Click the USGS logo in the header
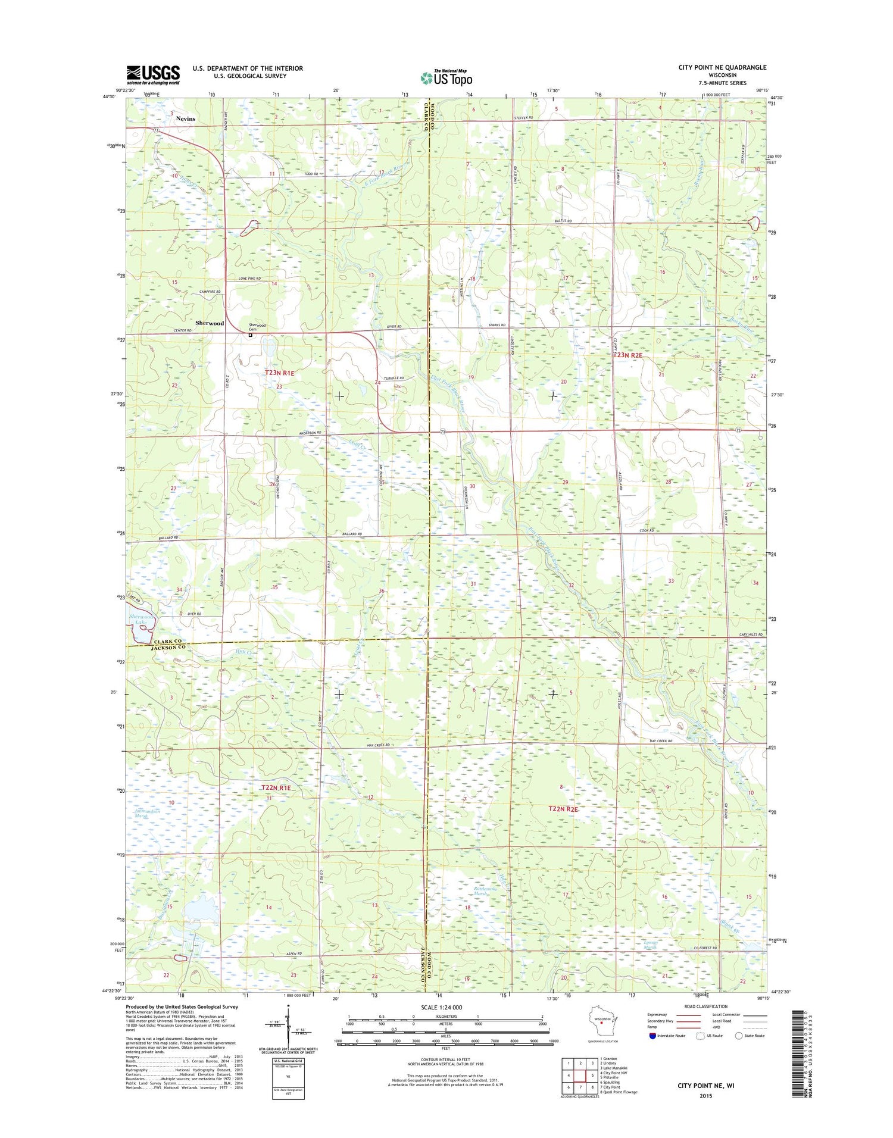coord(152,74)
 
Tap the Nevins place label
coord(185,118)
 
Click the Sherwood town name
coord(210,323)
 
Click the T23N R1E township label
coord(279,373)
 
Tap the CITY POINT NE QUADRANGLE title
coord(722,67)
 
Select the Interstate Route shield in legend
coord(652,1036)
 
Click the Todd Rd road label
coord(312,174)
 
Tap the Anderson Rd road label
coord(311,433)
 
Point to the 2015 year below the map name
coord(705,1096)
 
